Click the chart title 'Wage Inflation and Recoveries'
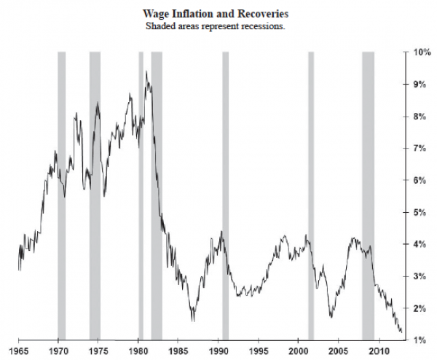pyautogui.click(x=219, y=13)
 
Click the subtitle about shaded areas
pyautogui.click(x=219, y=26)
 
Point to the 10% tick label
pyautogui.click(x=421, y=52)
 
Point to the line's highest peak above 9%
pyautogui.click(x=146, y=71)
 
